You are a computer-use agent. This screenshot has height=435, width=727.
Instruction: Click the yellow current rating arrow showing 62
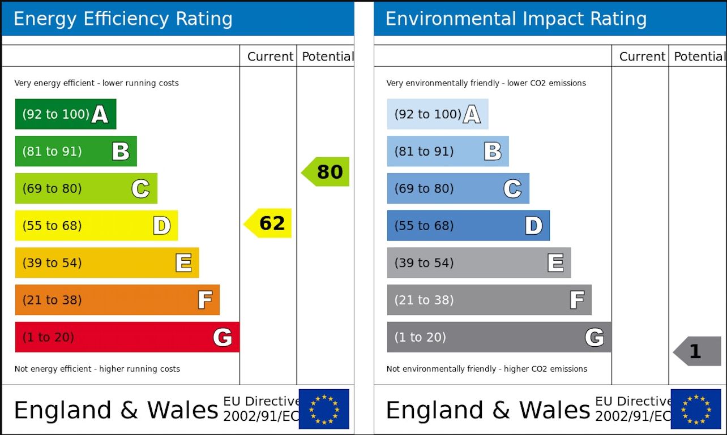click(x=268, y=223)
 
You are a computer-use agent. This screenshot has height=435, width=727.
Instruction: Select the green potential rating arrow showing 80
click(x=326, y=172)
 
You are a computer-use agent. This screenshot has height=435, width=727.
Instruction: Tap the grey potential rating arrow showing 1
click(x=698, y=351)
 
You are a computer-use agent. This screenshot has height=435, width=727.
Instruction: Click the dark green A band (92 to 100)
click(x=65, y=114)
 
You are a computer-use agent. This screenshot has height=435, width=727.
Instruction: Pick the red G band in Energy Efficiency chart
click(x=127, y=337)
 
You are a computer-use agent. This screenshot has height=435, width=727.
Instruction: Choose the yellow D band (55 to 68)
click(x=96, y=226)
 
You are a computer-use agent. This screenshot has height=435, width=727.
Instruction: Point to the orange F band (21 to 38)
click(x=117, y=300)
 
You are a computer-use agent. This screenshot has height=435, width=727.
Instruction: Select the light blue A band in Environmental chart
click(x=437, y=114)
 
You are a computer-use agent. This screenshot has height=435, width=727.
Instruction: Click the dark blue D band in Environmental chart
click(x=468, y=226)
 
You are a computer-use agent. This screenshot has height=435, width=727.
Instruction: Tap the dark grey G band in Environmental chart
click(x=498, y=337)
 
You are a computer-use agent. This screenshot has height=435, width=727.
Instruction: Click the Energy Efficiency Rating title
click(x=123, y=19)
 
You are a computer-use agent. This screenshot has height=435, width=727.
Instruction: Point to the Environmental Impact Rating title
click(x=516, y=19)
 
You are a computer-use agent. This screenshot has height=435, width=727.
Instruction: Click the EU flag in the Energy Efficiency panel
click(x=324, y=409)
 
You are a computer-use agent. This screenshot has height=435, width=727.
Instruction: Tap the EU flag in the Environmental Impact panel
click(x=696, y=409)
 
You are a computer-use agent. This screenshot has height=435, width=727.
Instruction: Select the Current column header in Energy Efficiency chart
click(x=270, y=57)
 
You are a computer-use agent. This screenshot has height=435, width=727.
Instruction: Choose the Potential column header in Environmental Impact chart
click(x=699, y=57)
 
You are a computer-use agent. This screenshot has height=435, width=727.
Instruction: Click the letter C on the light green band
click(x=140, y=189)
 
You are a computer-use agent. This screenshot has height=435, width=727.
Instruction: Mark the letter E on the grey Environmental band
click(x=555, y=263)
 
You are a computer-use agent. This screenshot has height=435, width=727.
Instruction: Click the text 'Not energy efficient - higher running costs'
click(x=97, y=369)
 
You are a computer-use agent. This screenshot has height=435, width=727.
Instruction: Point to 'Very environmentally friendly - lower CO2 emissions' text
click(x=486, y=83)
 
